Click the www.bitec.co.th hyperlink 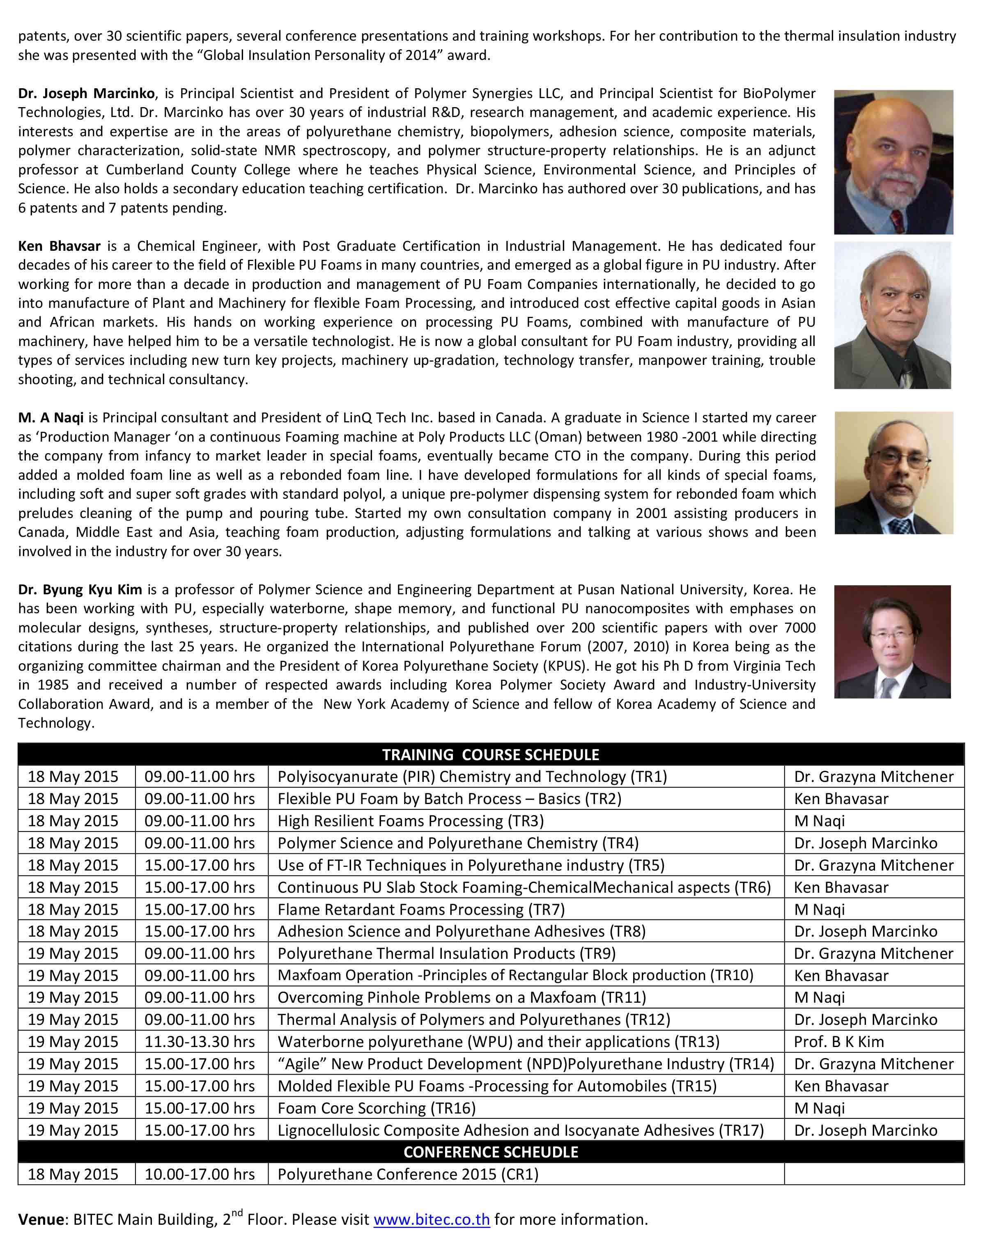[x=432, y=1219]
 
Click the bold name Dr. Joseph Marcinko [x=86, y=93]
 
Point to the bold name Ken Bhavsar [x=60, y=246]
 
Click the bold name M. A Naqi [x=51, y=417]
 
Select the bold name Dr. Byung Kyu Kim [x=80, y=589]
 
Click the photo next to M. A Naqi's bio [x=893, y=472]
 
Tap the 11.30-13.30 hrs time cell [x=200, y=1041]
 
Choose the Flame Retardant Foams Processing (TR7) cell [x=421, y=909]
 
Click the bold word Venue [x=41, y=1219]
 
